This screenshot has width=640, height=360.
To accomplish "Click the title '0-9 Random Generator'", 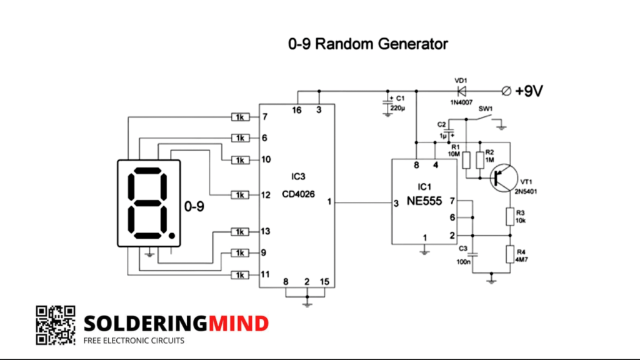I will (x=368, y=44).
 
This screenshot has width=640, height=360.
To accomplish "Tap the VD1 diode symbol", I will (x=461, y=91).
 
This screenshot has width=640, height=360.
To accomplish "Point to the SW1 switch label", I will (x=486, y=109).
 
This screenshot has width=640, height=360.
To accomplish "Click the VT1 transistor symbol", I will (x=502, y=177).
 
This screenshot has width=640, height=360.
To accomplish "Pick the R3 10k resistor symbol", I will (x=510, y=217).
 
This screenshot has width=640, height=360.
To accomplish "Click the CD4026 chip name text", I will (x=297, y=194).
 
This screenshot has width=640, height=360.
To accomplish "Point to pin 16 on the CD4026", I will (x=297, y=111).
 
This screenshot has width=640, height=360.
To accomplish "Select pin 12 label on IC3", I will (x=266, y=194).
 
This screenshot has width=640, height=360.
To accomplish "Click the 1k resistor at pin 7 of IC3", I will (x=240, y=117).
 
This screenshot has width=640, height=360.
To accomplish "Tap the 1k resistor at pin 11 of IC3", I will (x=240, y=275).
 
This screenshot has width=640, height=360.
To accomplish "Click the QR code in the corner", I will (x=55, y=325).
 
